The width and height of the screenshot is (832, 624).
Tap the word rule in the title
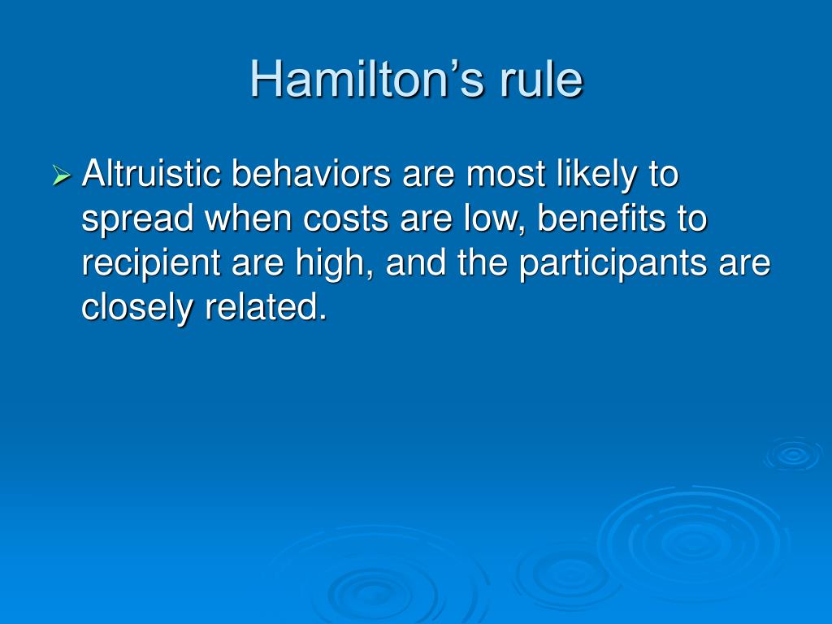(541, 79)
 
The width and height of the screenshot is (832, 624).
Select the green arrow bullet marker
(62, 175)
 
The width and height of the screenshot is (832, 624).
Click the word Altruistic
(150, 173)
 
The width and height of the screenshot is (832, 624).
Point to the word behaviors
(311, 173)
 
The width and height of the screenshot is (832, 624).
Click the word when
(249, 218)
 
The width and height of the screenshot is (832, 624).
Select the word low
(490, 219)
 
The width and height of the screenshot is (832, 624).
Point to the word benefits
(601, 218)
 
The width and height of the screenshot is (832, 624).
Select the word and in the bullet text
(415, 262)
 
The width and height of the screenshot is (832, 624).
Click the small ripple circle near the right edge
(793, 453)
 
